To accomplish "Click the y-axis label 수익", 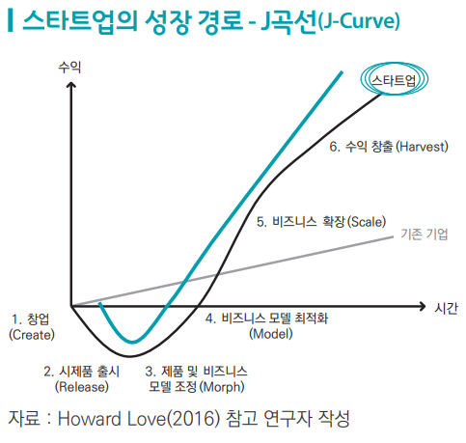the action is coord(69,68).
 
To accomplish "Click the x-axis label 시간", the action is coord(446,308).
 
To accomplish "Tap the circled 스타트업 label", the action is coord(394,79).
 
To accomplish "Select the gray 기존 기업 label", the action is coord(425,234).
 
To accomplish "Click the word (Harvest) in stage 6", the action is coord(422,147).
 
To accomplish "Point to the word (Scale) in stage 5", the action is coord(367,222).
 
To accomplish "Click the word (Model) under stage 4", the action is coord(271,334).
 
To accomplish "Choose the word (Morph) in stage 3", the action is coord(222,386).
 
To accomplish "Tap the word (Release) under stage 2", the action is coord(82,386).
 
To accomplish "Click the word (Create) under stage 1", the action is coord(32,335).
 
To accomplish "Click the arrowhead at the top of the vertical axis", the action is coord(71,85).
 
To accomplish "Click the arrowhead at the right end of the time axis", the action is coord(423,306).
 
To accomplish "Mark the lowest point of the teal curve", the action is coord(132,342).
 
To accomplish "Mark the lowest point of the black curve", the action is coord(130,356).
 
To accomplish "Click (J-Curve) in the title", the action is coord(359,21).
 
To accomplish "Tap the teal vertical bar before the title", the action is coord(11,21).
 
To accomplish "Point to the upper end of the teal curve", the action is coord(342,72).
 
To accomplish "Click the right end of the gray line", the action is coord(393,236).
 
